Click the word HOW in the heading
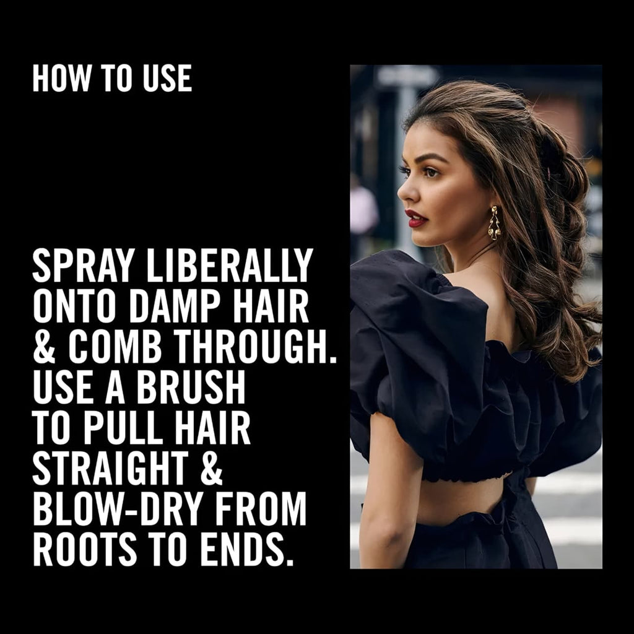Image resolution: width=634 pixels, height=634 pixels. tap(62, 78)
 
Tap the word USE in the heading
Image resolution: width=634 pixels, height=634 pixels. tap(167, 78)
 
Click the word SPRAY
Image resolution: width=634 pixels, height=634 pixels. tap(84, 265)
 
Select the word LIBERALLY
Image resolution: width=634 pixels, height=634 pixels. tap(230, 265)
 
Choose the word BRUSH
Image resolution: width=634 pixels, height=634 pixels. tap(191, 387)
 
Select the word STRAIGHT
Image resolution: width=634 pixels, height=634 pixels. tap(110, 468)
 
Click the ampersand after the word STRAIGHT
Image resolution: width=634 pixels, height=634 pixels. tap(212, 468)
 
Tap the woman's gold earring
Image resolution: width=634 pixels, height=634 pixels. tap(495, 223)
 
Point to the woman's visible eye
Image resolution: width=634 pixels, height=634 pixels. tap(430, 172)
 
